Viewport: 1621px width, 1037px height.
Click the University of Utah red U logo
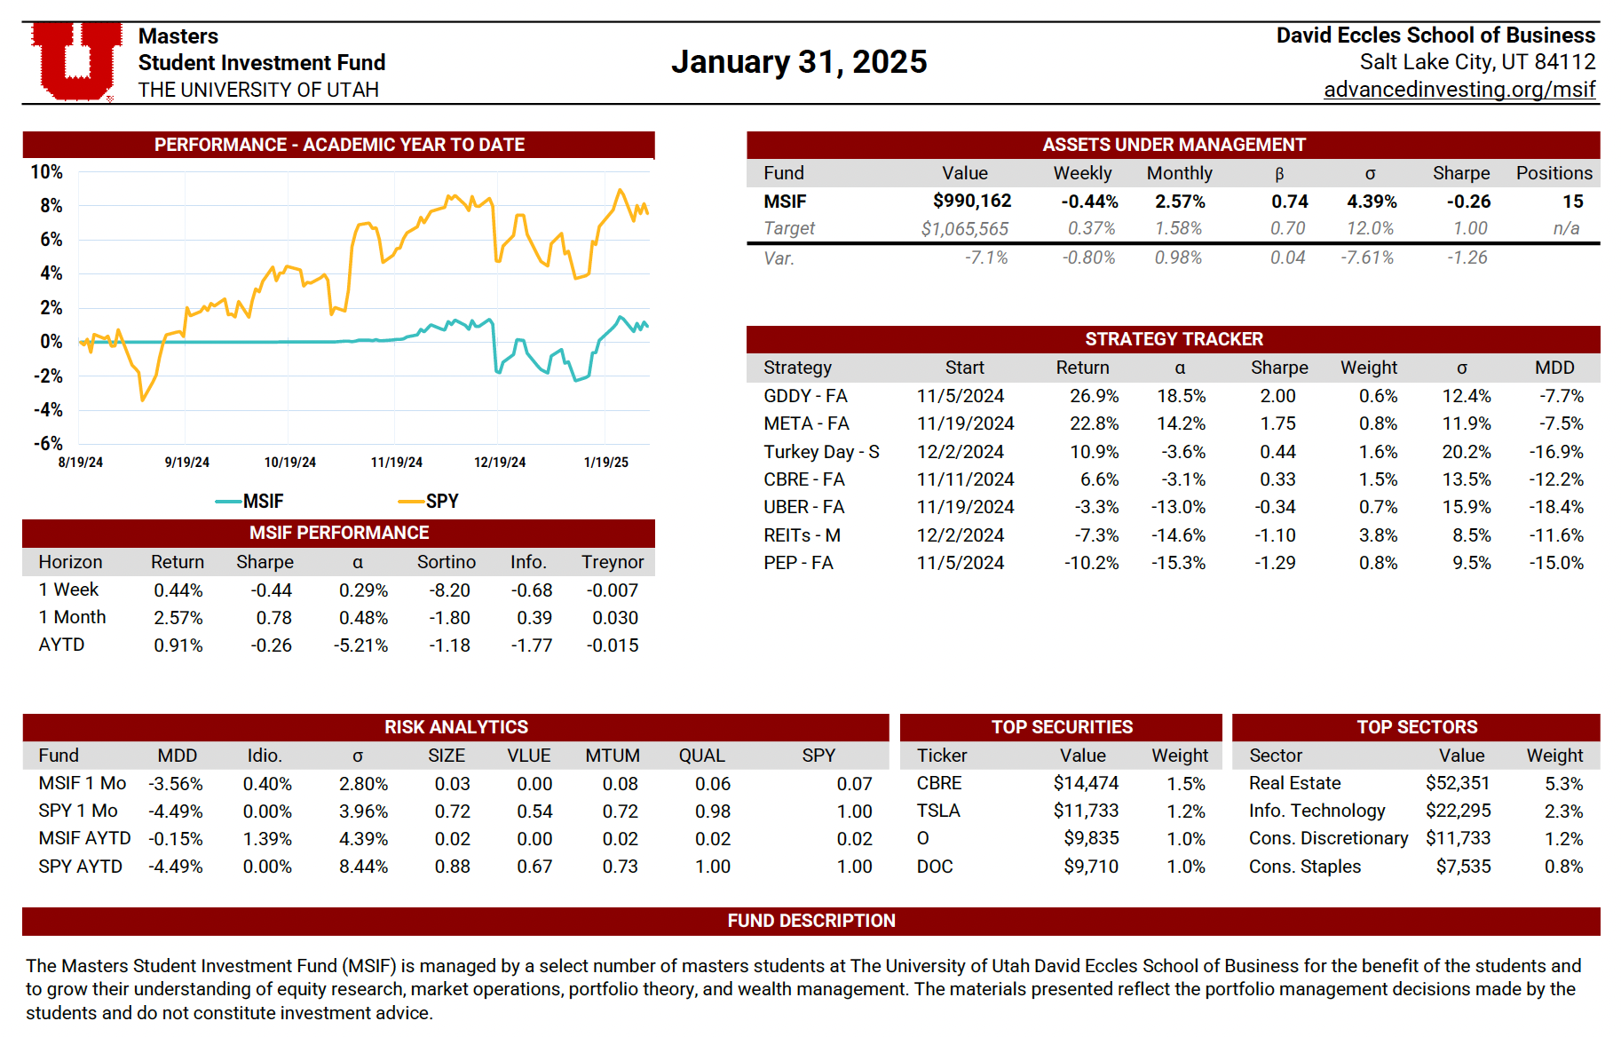point(76,61)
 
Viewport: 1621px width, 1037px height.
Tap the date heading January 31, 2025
point(799,62)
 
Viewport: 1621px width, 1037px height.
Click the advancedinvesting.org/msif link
point(1459,90)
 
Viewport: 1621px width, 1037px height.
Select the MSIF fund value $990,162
point(971,202)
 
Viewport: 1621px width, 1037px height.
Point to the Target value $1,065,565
point(964,229)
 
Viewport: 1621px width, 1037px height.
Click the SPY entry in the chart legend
point(430,501)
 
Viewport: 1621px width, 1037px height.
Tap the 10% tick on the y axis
point(47,171)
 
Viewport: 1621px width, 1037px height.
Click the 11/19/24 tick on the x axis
point(396,463)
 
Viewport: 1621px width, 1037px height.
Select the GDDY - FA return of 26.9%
point(1094,396)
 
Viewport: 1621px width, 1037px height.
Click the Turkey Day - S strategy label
point(821,452)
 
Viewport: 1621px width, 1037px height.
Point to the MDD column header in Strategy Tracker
point(1554,368)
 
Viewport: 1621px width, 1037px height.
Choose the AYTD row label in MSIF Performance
point(61,645)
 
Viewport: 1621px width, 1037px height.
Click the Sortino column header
point(446,562)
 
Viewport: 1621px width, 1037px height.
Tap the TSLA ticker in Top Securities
point(938,811)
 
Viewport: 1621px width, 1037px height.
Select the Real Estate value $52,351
point(1458,783)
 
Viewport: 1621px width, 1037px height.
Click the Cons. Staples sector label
point(1304,867)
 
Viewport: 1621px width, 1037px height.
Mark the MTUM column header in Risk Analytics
point(612,756)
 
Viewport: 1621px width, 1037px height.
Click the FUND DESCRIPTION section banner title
point(810,921)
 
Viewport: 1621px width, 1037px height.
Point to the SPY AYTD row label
point(80,867)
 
